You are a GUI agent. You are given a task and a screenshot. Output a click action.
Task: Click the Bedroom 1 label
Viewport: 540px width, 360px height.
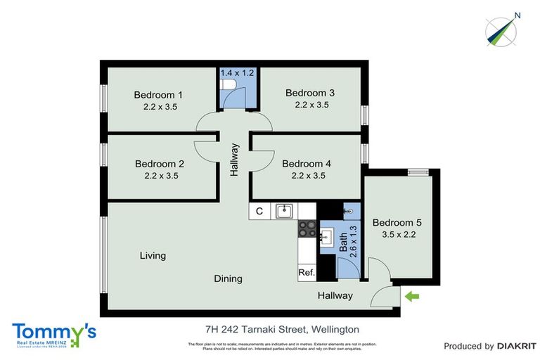(x=159, y=95)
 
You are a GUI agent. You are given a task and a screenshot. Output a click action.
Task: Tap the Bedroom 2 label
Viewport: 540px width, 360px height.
(x=159, y=164)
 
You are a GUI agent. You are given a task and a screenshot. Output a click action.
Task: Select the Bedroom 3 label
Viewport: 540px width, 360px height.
(x=310, y=93)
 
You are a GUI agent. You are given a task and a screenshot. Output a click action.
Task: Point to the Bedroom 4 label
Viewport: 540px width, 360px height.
(x=307, y=164)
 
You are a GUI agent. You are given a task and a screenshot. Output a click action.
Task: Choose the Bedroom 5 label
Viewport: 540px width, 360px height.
(x=397, y=222)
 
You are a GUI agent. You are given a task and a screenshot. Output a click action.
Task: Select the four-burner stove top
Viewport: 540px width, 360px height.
(x=307, y=228)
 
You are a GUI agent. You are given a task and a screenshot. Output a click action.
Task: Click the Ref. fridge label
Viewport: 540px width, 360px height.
(x=307, y=272)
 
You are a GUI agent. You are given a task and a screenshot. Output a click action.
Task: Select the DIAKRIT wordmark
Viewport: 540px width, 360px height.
(x=516, y=346)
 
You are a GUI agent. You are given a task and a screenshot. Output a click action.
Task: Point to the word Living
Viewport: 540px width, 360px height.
(x=153, y=255)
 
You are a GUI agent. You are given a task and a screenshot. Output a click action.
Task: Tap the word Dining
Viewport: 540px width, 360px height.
(x=228, y=278)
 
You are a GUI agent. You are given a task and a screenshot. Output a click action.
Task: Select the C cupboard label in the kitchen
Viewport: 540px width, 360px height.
(x=259, y=211)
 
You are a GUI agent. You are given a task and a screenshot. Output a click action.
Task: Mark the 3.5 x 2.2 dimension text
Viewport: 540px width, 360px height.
(x=397, y=235)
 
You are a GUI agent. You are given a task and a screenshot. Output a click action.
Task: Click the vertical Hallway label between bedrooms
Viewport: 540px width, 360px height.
(x=235, y=160)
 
